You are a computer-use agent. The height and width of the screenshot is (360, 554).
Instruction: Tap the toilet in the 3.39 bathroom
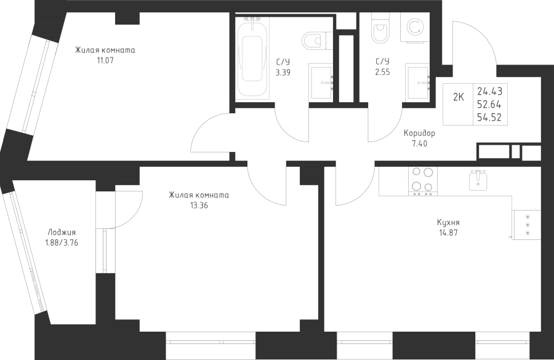pyautogui.click(x=317, y=41)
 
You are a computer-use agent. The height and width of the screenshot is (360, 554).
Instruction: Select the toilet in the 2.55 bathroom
pyautogui.click(x=380, y=28)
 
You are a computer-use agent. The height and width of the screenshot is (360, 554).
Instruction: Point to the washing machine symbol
pyautogui.click(x=414, y=28)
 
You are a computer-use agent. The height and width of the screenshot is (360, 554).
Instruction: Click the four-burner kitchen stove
pyautogui.click(x=422, y=182)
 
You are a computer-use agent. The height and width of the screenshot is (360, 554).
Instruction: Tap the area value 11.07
pyautogui.click(x=105, y=60)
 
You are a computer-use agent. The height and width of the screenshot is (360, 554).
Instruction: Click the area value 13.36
pyautogui.click(x=199, y=206)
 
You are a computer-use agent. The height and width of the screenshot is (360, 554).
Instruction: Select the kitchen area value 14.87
pyautogui.click(x=448, y=233)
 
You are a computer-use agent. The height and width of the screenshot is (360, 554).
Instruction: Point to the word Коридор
pyautogui.click(x=419, y=134)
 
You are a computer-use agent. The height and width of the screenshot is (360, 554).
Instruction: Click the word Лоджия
pyautogui.click(x=62, y=233)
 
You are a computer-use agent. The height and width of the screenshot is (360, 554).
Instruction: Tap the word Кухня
pyautogui.click(x=448, y=223)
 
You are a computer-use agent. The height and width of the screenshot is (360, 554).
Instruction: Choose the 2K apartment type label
pyautogui.click(x=458, y=97)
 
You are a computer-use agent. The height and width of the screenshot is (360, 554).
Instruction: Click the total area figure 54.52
pyautogui.click(x=489, y=118)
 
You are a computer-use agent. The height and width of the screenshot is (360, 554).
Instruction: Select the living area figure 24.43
pyautogui.click(x=490, y=91)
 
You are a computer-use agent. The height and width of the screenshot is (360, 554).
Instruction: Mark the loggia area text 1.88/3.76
pyautogui.click(x=62, y=242)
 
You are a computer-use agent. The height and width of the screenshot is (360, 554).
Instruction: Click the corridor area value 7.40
pyautogui.click(x=419, y=144)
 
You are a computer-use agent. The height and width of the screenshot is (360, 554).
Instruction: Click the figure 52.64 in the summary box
pyautogui.click(x=489, y=105)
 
